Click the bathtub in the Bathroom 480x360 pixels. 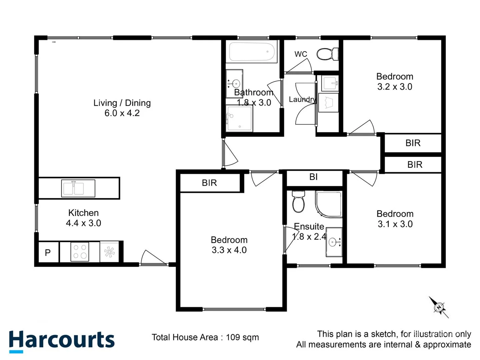click(x=252, y=52)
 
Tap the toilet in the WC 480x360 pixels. click(x=327, y=54)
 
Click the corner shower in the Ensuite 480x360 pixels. click(x=329, y=204)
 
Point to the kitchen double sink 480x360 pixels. click(x=78, y=188)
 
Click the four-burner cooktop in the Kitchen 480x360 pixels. click(x=80, y=252)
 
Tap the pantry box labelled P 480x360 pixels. click(x=48, y=253)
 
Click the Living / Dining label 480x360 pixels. click(x=122, y=103)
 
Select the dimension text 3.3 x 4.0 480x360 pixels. click(x=229, y=250)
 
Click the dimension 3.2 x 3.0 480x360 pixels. click(x=395, y=87)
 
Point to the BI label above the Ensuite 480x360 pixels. click(x=313, y=177)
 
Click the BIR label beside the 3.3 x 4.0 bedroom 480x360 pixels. click(x=209, y=183)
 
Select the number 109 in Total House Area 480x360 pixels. click(x=233, y=337)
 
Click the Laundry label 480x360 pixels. click(x=302, y=99)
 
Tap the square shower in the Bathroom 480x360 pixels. click(x=239, y=118)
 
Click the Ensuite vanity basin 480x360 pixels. click(x=334, y=242)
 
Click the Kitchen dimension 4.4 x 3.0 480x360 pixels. click(x=83, y=223)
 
